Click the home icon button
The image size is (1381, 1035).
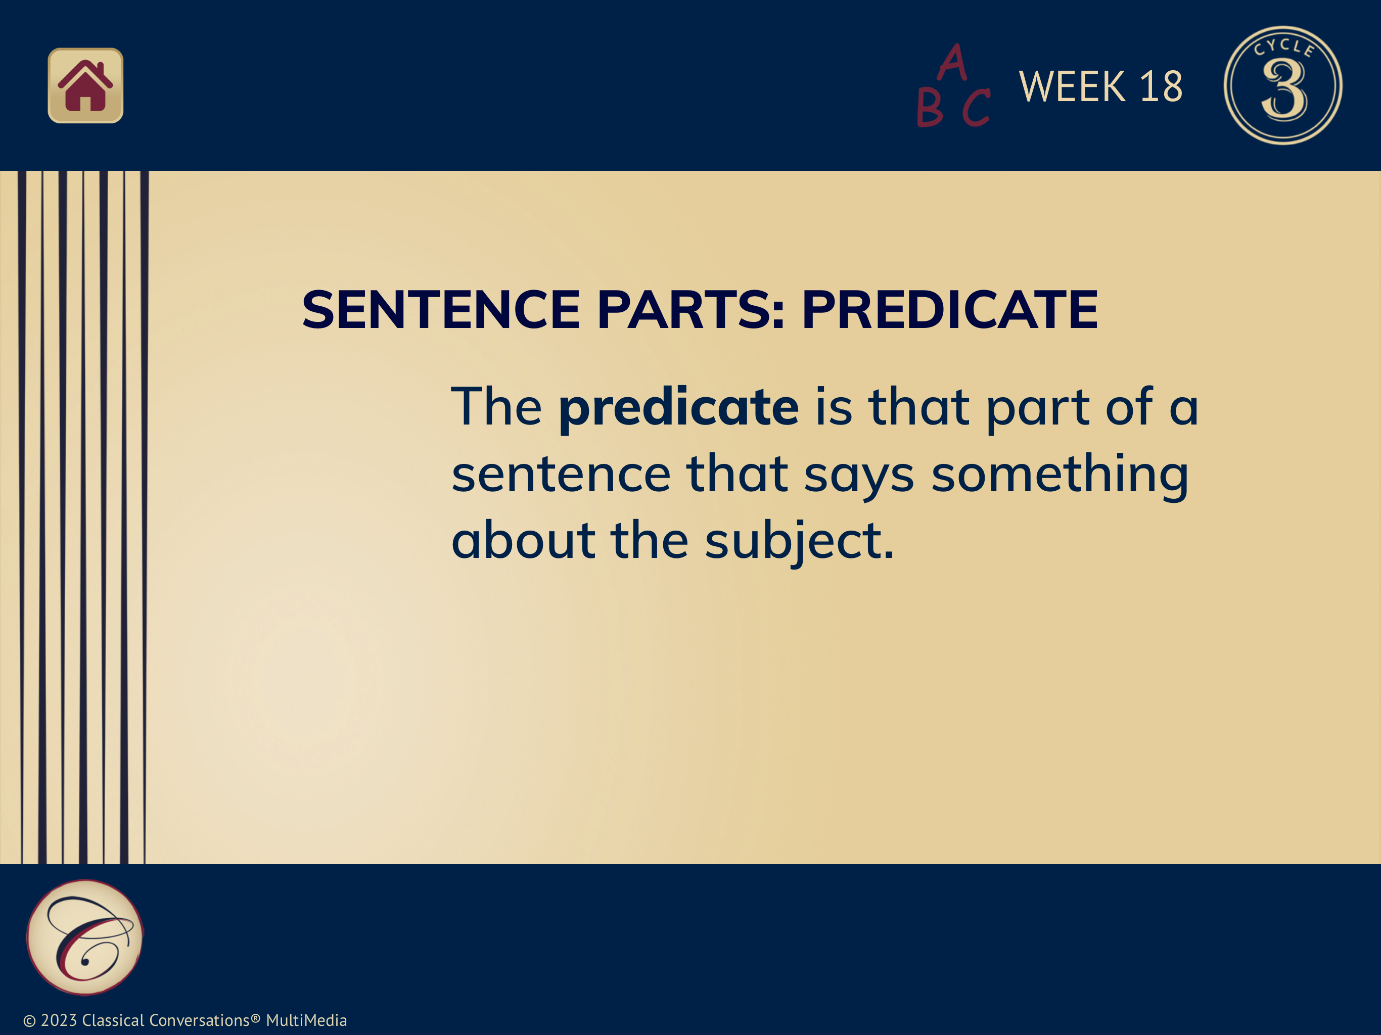coord(85,85)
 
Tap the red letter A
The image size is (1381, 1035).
coord(953,63)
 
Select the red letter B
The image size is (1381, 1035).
coord(929,107)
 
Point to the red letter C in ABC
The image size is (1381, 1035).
coord(976,107)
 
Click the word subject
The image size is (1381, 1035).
coord(800,541)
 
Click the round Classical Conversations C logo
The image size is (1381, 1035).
coord(85,937)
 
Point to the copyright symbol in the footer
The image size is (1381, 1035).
coord(29,1021)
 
